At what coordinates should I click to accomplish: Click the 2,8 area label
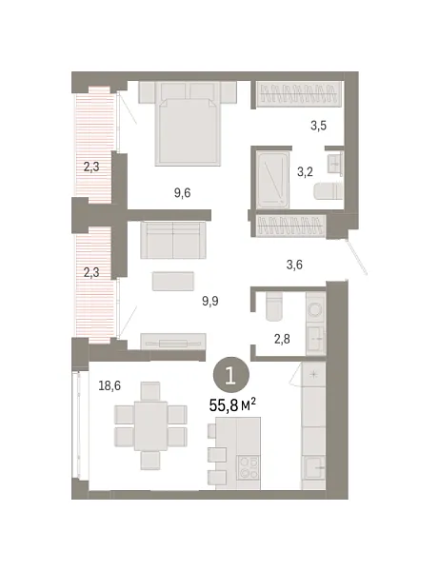[281, 337]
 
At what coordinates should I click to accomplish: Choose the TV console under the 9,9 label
[172, 342]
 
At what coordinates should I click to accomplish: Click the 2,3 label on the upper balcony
[91, 167]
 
